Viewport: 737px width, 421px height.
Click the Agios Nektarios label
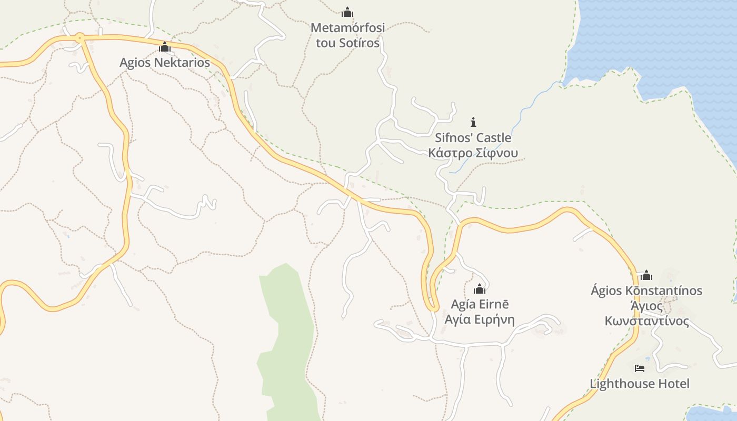pos(164,63)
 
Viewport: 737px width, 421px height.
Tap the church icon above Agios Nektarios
pos(165,48)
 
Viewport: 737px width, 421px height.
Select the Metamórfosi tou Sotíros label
pos(347,35)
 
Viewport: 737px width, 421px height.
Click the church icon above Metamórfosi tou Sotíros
pos(347,12)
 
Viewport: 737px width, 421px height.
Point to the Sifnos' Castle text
pos(473,138)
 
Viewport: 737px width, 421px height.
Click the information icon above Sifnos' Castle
pos(473,122)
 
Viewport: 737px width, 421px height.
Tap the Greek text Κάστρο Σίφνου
pos(473,153)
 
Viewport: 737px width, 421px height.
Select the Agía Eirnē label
pos(480,304)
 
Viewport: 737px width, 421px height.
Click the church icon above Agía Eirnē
pos(480,288)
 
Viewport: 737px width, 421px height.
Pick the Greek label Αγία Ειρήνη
pos(480,319)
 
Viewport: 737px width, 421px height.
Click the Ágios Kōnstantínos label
pos(646,290)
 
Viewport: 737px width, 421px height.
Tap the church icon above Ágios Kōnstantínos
pos(646,275)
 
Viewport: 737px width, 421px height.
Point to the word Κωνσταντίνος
pos(646,321)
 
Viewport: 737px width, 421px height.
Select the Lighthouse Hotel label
pos(639,384)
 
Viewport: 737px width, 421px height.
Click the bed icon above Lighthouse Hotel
pos(640,368)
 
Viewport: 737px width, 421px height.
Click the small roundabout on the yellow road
pos(79,37)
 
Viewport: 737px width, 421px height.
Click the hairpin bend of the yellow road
pos(433,306)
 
